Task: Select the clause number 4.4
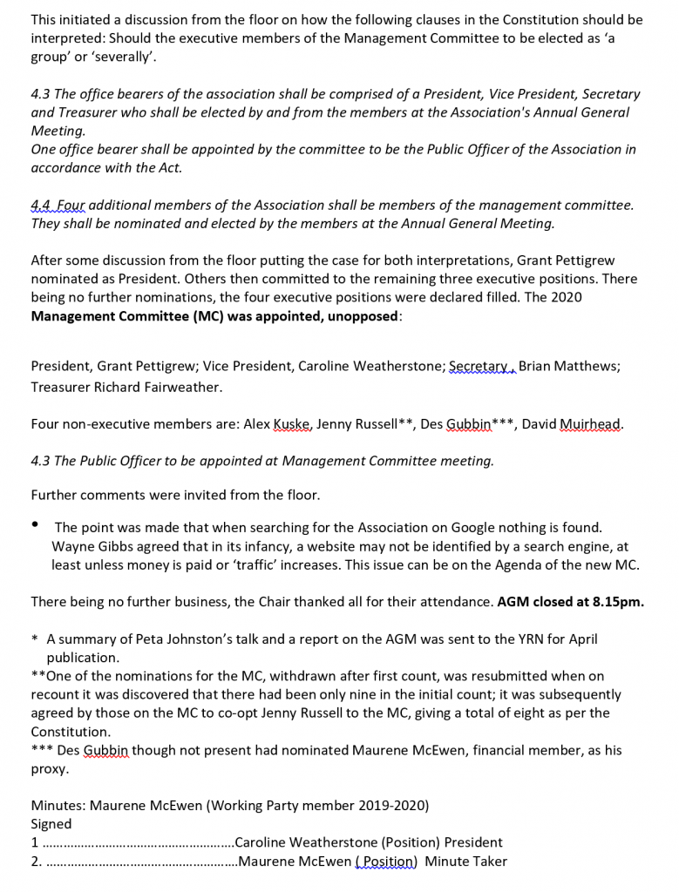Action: point(41,205)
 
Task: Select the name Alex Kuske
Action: point(273,424)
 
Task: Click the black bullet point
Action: point(36,524)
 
